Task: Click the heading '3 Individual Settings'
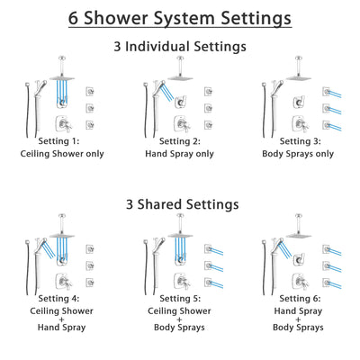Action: coord(180,46)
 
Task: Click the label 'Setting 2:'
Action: coord(180,141)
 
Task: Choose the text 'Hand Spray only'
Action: coord(180,154)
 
